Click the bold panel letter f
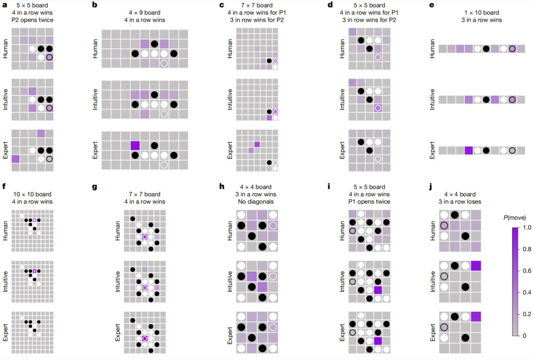[x=4, y=186]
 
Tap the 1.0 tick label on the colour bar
[x=527, y=227]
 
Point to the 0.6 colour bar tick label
[x=527, y=271]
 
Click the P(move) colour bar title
[x=514, y=217]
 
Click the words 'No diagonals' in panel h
[x=256, y=201]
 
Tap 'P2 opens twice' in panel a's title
[x=32, y=20]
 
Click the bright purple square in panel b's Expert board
[x=135, y=145]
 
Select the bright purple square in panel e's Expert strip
[x=469, y=150]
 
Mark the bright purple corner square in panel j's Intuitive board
[x=476, y=266]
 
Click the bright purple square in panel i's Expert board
[x=378, y=341]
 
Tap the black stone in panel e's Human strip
[x=486, y=49]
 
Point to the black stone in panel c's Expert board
[x=269, y=163]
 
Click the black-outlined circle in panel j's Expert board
[x=444, y=327]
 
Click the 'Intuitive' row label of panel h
[x=230, y=282]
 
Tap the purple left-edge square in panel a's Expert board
[x=16, y=159]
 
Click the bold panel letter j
[x=431, y=187]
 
